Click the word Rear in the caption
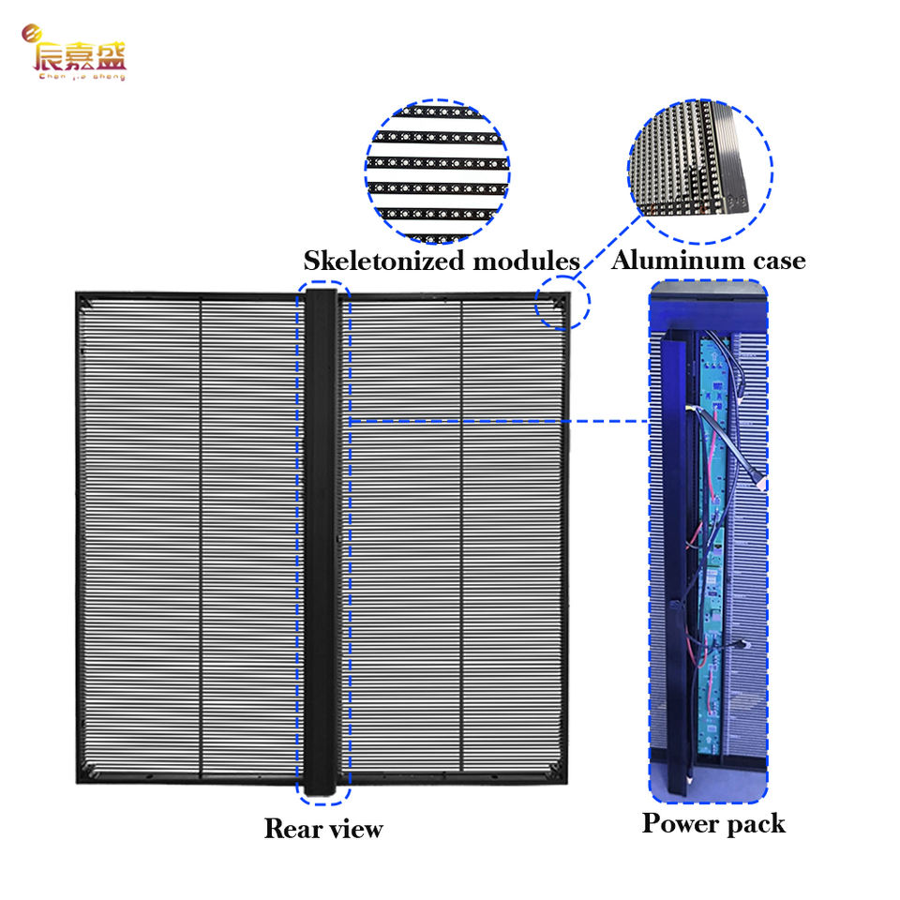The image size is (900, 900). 292,829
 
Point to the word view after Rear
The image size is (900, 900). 354,829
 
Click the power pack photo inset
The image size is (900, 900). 709,542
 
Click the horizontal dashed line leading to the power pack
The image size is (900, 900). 497,421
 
